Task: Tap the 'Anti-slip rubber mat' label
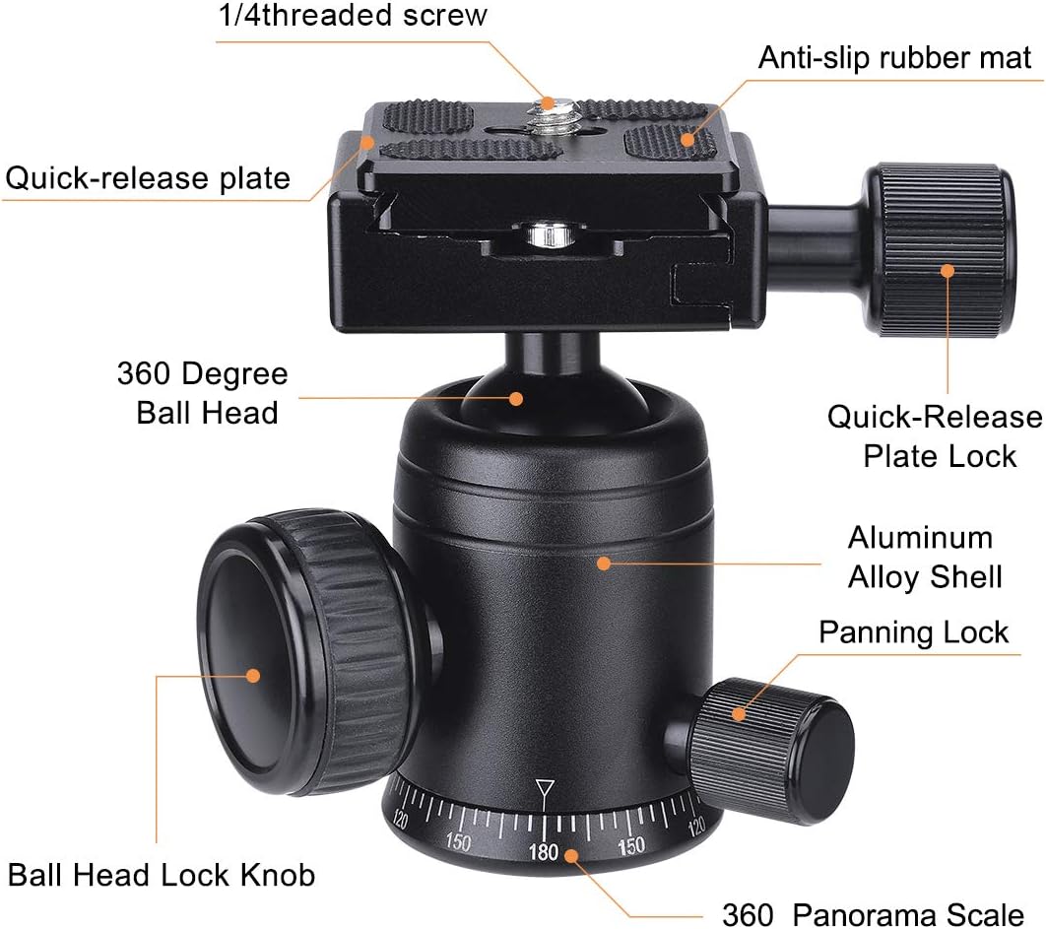pyautogui.click(x=894, y=57)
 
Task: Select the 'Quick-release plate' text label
pyautogui.click(x=149, y=178)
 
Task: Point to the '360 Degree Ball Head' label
pyautogui.click(x=203, y=392)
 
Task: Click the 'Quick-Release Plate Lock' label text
pyautogui.click(x=934, y=435)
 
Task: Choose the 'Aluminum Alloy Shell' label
pyautogui.click(x=924, y=557)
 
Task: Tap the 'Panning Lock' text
pyautogui.click(x=913, y=631)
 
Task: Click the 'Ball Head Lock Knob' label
pyautogui.click(x=162, y=874)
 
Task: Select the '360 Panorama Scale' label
pyautogui.click(x=873, y=913)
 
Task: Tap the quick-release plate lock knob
pyautogui.click(x=940, y=250)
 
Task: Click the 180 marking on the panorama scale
pyautogui.click(x=544, y=852)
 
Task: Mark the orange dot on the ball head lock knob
pyautogui.click(x=253, y=675)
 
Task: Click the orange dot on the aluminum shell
pyautogui.click(x=603, y=564)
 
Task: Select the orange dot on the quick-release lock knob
pyautogui.click(x=948, y=270)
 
